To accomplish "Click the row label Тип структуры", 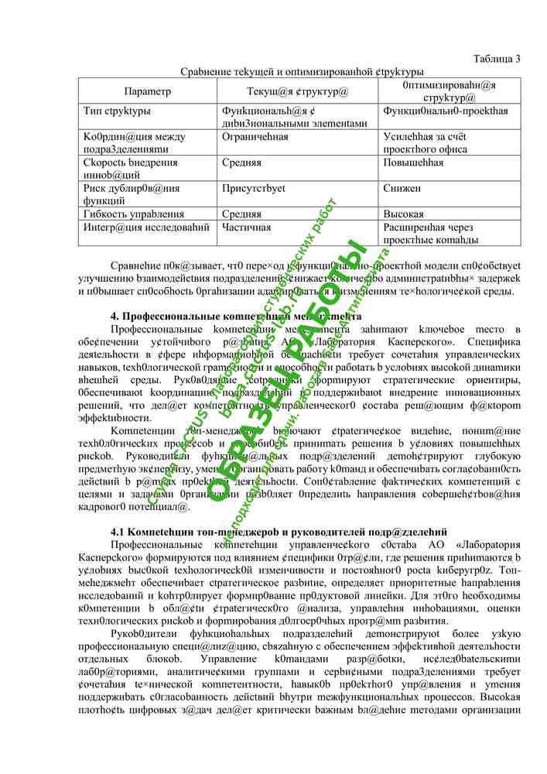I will [x=117, y=111].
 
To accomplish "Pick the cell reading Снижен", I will [x=402, y=188].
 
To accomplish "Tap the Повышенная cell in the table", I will [x=414, y=163].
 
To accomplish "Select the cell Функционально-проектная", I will [x=446, y=111].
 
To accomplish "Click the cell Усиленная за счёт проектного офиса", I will [x=426, y=143].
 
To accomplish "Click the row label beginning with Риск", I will [x=132, y=194].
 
